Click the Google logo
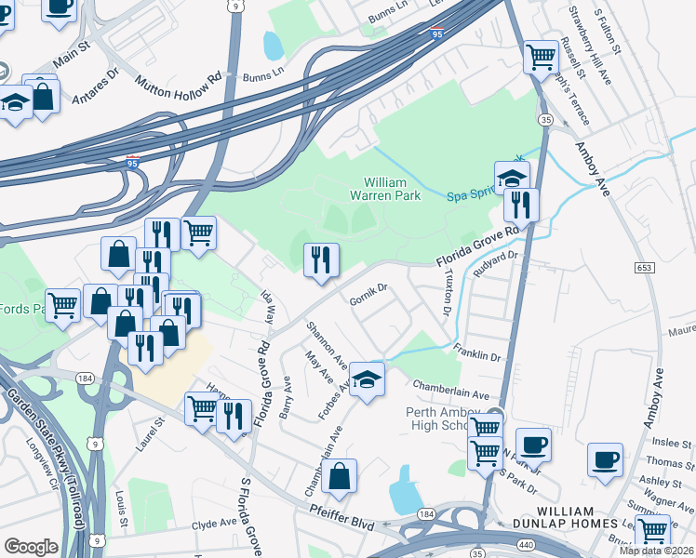[31, 547]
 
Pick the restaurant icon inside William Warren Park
[322, 259]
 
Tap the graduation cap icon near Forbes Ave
[367, 379]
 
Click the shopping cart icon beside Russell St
[541, 57]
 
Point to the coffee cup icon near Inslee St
[605, 459]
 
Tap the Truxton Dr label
[445, 297]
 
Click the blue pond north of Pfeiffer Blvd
[406, 489]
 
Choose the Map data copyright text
[656, 551]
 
